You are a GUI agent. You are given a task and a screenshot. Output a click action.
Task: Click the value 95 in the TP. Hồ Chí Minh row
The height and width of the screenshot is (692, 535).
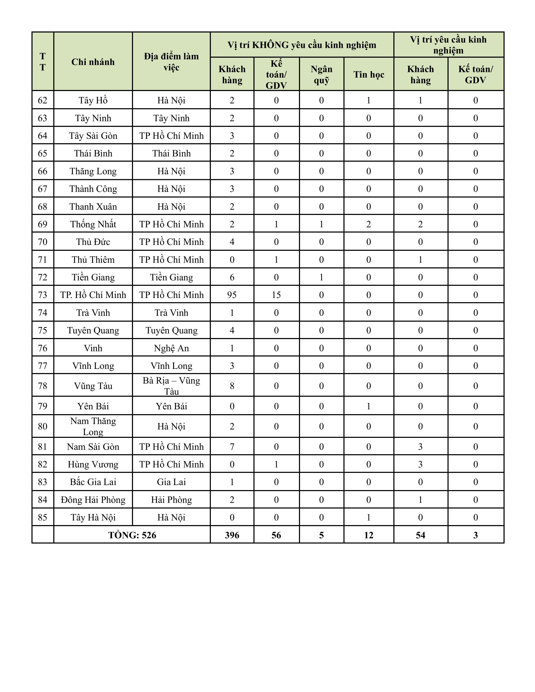(232, 295)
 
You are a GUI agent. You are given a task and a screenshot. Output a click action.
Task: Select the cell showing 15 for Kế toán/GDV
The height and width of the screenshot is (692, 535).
(276, 295)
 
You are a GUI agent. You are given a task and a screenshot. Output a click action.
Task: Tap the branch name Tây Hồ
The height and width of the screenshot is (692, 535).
(93, 100)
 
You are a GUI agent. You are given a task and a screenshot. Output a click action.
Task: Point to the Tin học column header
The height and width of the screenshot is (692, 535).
(369, 74)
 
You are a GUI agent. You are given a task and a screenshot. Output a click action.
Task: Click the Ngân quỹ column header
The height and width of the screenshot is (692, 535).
(321, 74)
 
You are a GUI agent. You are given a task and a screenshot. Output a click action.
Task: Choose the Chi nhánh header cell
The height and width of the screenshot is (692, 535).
(93, 62)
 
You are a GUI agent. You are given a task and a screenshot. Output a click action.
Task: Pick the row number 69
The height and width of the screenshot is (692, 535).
(42, 224)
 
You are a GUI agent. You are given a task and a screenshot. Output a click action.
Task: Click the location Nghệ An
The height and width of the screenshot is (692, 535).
(171, 348)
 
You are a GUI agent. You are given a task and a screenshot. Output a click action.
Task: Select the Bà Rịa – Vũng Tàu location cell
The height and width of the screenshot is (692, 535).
(171, 386)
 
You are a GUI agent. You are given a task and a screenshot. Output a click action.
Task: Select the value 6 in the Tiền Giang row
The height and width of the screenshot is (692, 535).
(232, 277)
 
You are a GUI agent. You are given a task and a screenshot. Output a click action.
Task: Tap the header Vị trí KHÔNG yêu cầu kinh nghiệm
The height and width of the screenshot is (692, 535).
(302, 45)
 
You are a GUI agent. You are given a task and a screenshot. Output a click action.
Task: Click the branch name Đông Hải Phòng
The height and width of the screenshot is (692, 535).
(93, 500)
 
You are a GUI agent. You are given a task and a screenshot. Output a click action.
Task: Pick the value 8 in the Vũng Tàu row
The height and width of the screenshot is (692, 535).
(232, 386)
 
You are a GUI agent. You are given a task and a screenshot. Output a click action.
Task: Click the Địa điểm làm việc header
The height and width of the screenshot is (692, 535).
(171, 62)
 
